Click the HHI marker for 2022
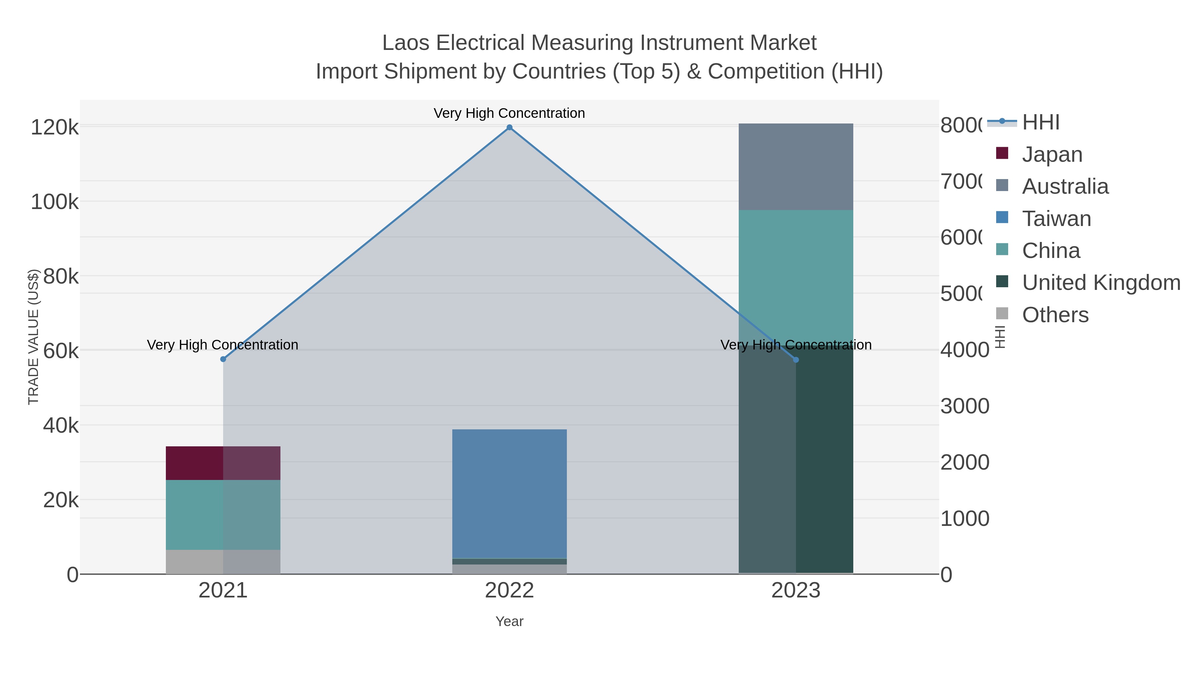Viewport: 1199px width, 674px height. click(509, 127)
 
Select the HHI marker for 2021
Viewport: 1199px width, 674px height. click(223, 359)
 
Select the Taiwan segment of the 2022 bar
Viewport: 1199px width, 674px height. click(509, 493)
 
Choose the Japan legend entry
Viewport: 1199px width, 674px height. click(1052, 154)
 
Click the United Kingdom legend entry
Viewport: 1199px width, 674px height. click(1101, 282)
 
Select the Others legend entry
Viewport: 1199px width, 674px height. click(1055, 315)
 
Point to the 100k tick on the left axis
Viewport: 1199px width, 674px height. click(55, 202)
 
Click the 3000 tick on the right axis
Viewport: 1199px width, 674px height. click(965, 406)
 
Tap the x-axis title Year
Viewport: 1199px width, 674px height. click(509, 621)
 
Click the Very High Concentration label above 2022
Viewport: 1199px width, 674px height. click(509, 113)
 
